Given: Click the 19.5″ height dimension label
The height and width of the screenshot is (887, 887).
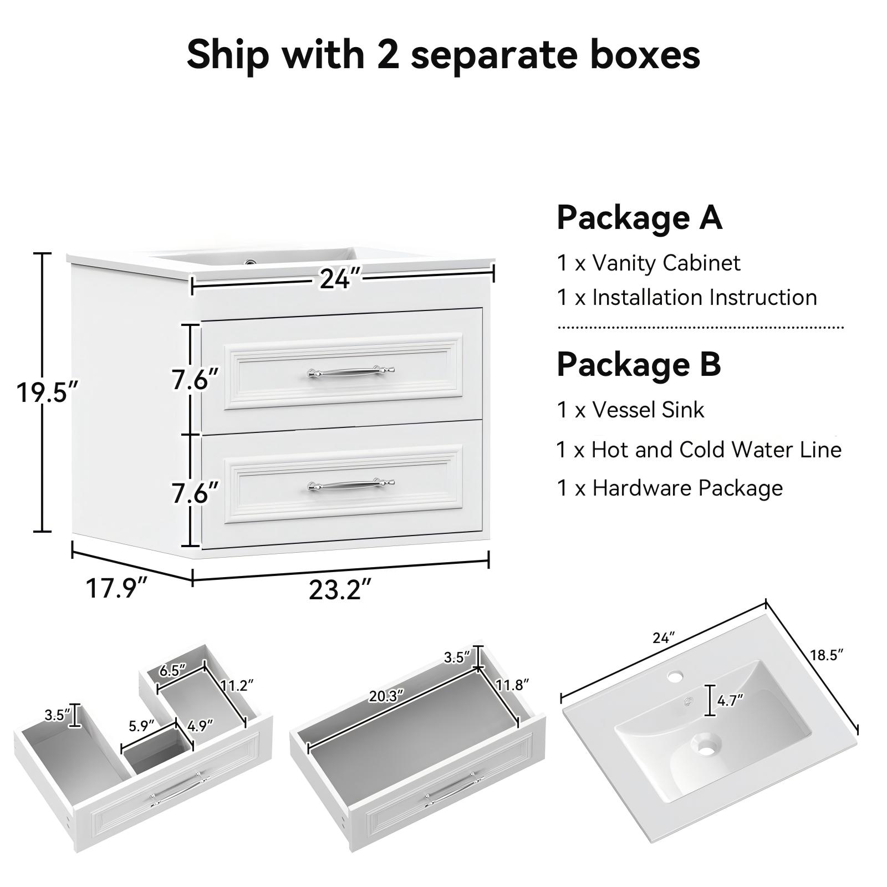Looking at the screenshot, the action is coord(48,393).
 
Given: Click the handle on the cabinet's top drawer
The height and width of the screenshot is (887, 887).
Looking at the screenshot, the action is coord(351,372).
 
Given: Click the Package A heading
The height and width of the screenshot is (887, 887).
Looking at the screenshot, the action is coord(639,217).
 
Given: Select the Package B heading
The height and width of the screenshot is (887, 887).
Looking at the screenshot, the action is coord(639,364).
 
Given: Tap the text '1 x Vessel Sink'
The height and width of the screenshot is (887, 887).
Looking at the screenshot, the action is coord(630,410).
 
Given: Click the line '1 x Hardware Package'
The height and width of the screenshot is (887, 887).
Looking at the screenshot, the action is coord(670,488).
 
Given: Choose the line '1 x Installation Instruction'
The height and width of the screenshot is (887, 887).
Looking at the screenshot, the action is coord(687,298).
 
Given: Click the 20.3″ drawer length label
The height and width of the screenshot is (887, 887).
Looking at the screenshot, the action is coord(386,696).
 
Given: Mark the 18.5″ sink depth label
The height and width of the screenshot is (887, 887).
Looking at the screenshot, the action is coord(827,655).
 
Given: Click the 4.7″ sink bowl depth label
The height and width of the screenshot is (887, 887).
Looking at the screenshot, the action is coord(730,701).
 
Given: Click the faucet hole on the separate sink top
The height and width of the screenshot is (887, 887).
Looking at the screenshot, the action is coord(675,676).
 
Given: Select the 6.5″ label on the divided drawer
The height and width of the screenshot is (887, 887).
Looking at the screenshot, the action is coord(172,671).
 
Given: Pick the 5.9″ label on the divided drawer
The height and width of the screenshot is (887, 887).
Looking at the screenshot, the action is coord(141,726).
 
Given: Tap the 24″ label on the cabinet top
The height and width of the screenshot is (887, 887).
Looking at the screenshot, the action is coord(340,278).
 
